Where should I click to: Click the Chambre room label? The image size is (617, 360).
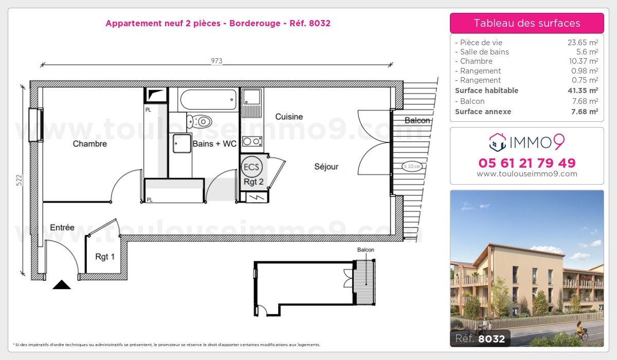90,144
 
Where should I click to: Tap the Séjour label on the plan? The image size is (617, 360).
326,167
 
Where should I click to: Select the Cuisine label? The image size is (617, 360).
289,117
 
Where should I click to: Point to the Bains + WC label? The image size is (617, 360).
214,144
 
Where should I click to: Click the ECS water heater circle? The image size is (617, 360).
252,167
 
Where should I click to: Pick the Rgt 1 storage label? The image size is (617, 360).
105,257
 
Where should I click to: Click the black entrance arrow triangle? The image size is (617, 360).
62,284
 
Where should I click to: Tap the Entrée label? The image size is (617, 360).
62,227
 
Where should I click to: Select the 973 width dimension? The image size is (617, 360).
216,61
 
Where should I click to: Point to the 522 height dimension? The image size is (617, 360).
19,180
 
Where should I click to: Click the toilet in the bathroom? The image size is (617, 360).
199,122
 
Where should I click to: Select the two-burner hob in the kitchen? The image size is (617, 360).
252,141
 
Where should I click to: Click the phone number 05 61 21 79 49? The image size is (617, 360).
527,163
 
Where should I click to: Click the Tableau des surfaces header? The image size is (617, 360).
527,23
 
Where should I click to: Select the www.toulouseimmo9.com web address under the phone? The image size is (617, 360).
527,174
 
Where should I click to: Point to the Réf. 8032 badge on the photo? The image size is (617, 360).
480,338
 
